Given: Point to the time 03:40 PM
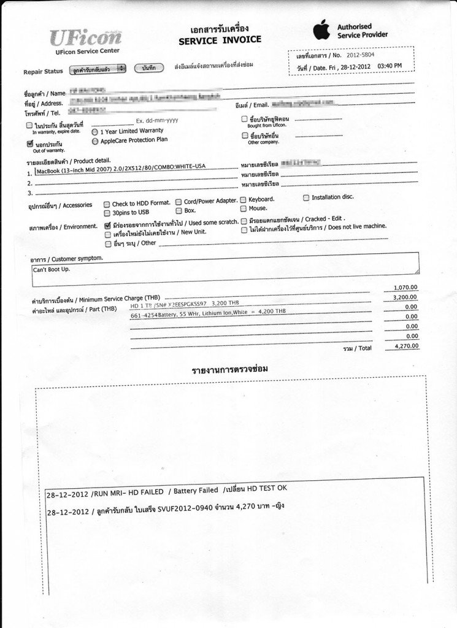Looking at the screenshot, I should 389,66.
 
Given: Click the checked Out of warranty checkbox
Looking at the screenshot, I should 29,144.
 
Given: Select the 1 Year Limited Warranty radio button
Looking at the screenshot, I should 94,131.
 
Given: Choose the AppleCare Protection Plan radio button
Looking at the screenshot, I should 94,141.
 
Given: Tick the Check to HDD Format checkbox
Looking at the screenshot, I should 107,204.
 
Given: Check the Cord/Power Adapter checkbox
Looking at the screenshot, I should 178,202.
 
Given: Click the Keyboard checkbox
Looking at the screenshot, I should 244,200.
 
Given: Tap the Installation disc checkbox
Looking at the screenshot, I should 306,198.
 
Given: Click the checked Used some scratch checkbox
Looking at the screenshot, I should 107,225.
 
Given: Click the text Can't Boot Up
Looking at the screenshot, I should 52,269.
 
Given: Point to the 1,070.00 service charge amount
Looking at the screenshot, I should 404,288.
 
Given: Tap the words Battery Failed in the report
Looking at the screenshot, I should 196,491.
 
